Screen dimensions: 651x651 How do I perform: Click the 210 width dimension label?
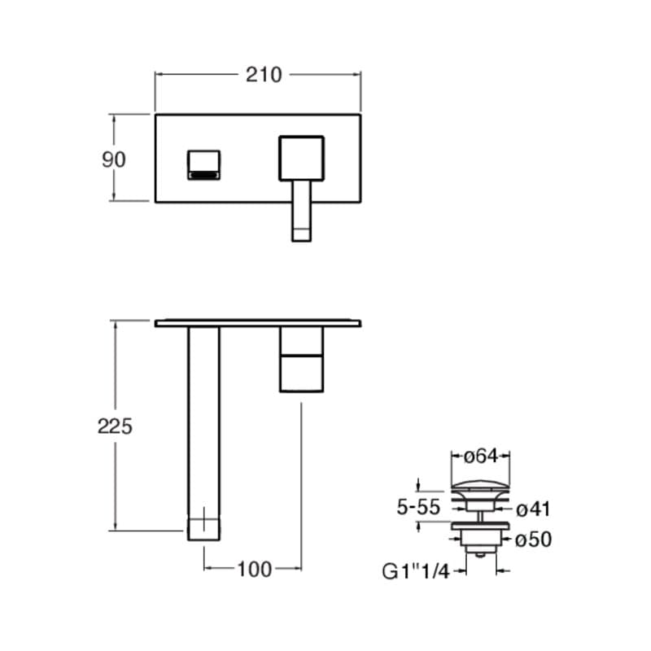point(264,75)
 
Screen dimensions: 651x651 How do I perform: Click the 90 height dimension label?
point(113,159)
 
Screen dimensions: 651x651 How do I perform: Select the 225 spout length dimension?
point(115,426)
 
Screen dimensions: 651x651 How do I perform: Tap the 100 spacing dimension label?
point(255,569)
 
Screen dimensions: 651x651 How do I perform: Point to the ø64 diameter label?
point(480,457)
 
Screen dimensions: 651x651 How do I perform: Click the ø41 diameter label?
point(533,509)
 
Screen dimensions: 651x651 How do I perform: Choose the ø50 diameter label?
point(534,540)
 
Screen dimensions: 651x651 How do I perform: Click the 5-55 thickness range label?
point(418,507)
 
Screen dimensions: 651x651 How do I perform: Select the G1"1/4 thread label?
point(416,572)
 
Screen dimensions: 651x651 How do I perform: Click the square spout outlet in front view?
point(203,165)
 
